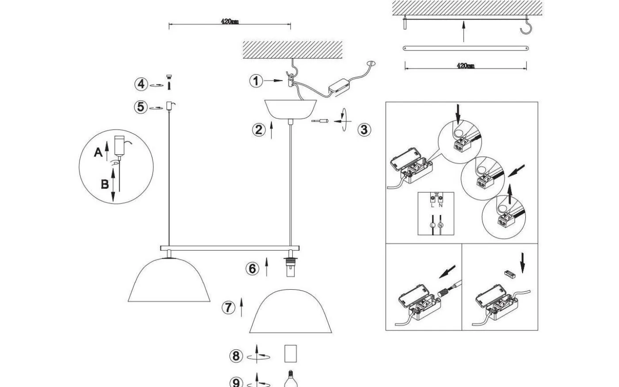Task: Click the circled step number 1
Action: click(x=256, y=81)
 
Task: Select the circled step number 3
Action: click(x=364, y=130)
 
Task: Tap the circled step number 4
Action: click(x=141, y=84)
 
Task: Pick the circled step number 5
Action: click(x=141, y=107)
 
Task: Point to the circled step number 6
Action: click(x=252, y=268)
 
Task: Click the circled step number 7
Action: click(x=228, y=307)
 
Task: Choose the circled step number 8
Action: click(x=236, y=356)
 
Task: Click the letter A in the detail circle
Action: click(x=98, y=153)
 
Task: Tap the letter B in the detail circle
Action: click(x=105, y=184)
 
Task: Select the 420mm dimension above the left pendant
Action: click(x=230, y=22)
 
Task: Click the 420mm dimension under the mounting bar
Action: click(x=465, y=66)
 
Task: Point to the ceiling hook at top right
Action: click(x=526, y=26)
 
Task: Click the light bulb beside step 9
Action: click(x=290, y=379)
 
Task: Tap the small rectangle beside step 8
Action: click(x=290, y=354)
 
